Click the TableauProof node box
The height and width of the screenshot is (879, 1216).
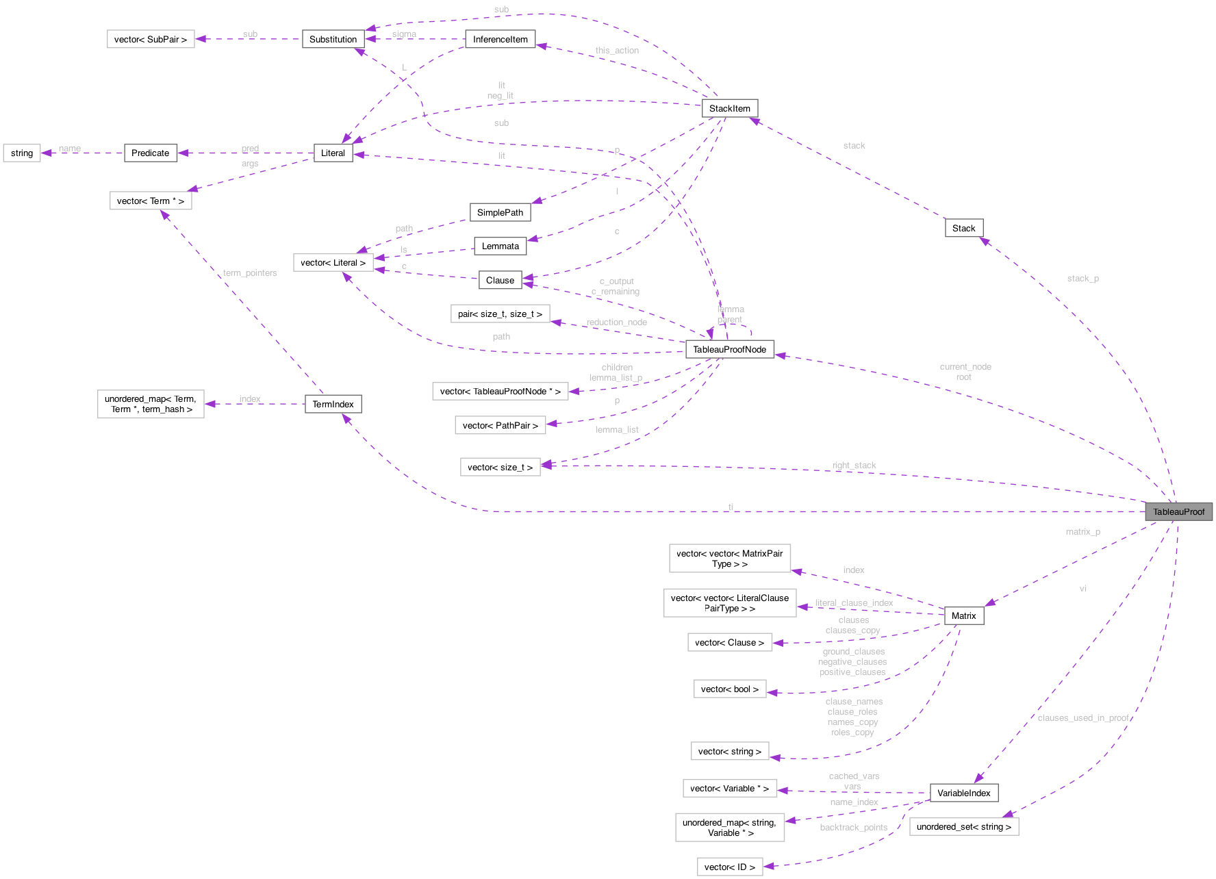coord(1178,511)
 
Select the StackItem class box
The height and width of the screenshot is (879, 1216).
coord(729,108)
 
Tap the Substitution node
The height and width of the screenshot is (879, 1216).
coord(333,39)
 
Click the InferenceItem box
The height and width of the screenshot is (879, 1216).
coord(500,39)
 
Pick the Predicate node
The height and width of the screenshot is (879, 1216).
coord(150,153)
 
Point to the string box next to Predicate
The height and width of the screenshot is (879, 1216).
coord(22,153)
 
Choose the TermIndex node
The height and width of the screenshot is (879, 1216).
coord(333,404)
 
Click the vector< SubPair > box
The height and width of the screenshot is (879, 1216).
coord(151,39)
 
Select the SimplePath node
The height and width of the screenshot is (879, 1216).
coord(500,212)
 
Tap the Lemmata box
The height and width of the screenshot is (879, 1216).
coord(500,246)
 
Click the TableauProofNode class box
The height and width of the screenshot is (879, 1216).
coord(729,349)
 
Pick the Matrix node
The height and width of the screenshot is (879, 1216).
coord(963,615)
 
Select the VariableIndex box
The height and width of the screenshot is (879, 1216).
coord(963,793)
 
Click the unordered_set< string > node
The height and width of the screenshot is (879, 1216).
coord(963,826)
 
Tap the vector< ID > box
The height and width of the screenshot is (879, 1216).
coord(729,867)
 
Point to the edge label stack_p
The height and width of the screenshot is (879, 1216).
coord(1082,279)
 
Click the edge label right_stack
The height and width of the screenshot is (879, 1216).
coord(854,466)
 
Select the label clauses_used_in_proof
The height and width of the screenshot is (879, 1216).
coord(1082,717)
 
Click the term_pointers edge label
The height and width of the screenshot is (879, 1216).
coord(250,273)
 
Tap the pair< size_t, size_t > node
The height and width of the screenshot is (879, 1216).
coord(500,314)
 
